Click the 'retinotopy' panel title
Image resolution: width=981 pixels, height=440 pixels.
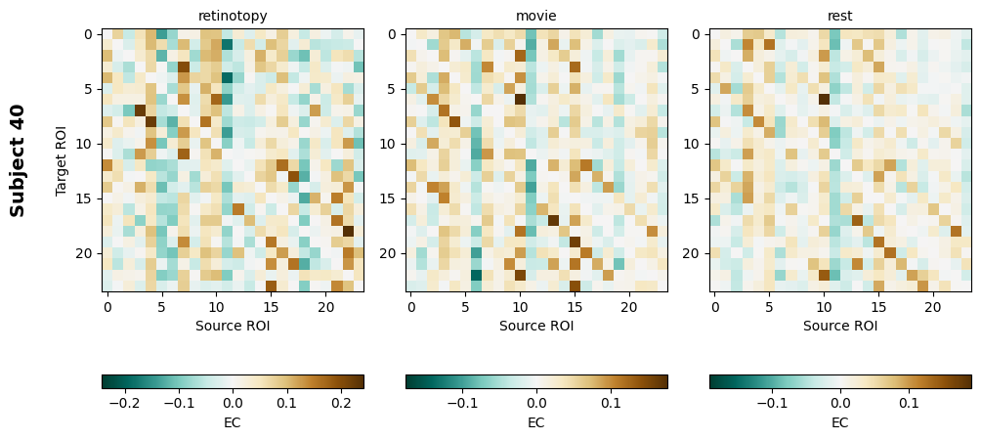[233, 16]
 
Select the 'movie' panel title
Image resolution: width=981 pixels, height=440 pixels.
[536, 16]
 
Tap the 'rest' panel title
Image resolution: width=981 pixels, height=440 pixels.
[840, 16]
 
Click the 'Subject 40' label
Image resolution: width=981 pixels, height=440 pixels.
[18, 159]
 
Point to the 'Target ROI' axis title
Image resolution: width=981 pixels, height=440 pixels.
[62, 159]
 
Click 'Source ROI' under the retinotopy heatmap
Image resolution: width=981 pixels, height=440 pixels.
[233, 326]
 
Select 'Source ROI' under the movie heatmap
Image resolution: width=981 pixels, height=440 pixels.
[536, 326]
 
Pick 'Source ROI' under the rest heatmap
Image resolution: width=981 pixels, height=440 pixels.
[840, 326]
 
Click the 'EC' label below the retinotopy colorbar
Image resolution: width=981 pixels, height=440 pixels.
[233, 422]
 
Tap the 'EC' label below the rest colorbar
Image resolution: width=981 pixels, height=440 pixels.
[840, 422]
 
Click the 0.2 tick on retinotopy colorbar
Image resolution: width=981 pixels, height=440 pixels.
[341, 402]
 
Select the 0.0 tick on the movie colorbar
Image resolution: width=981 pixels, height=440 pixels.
[536, 402]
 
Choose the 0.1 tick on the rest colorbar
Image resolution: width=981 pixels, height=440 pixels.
[909, 402]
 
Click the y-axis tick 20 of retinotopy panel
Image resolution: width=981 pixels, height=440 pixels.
[88, 253]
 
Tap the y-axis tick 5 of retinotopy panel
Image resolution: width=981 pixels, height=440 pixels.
[91, 89]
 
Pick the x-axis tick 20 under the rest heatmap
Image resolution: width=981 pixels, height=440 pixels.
[933, 307]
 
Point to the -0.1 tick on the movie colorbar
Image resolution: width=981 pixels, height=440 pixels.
[461, 402]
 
